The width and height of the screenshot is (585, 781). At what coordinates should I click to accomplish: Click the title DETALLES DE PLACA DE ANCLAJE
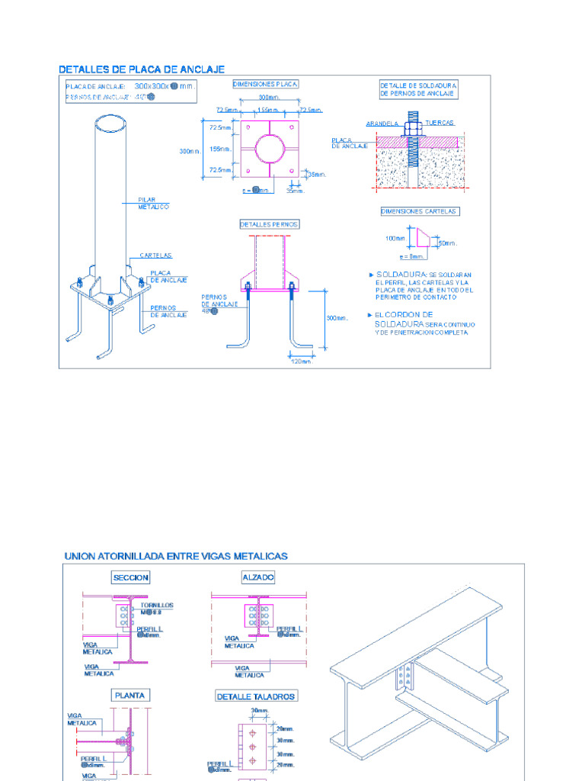pos(142,69)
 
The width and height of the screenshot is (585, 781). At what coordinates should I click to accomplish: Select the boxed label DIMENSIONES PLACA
pos(265,84)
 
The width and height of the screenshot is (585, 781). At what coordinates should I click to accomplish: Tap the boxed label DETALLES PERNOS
pos(269,224)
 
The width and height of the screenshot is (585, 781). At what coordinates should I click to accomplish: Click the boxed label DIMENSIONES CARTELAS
pos(420,211)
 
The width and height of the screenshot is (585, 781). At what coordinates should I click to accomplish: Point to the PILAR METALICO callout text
pos(153,203)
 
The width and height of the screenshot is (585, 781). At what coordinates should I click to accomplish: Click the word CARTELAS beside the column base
pos(155,256)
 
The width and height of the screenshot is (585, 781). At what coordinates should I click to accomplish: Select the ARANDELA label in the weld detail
pos(382,122)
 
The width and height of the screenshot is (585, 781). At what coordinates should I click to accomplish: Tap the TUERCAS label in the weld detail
pos(440,122)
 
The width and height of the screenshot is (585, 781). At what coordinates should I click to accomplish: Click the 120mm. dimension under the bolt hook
pos(301,362)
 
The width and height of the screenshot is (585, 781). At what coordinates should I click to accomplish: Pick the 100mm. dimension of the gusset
pos(396,239)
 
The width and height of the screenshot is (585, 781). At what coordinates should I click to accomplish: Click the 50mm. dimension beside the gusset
pos(447,243)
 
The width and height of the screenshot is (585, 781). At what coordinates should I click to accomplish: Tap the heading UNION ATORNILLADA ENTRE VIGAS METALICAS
pos(176,556)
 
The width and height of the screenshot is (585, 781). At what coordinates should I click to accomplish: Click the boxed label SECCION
pos(131,577)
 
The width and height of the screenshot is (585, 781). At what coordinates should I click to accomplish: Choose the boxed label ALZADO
pos(257,577)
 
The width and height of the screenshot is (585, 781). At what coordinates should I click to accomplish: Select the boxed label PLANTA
pos(130,695)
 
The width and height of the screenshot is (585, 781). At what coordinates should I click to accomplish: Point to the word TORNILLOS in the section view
pos(157,606)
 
